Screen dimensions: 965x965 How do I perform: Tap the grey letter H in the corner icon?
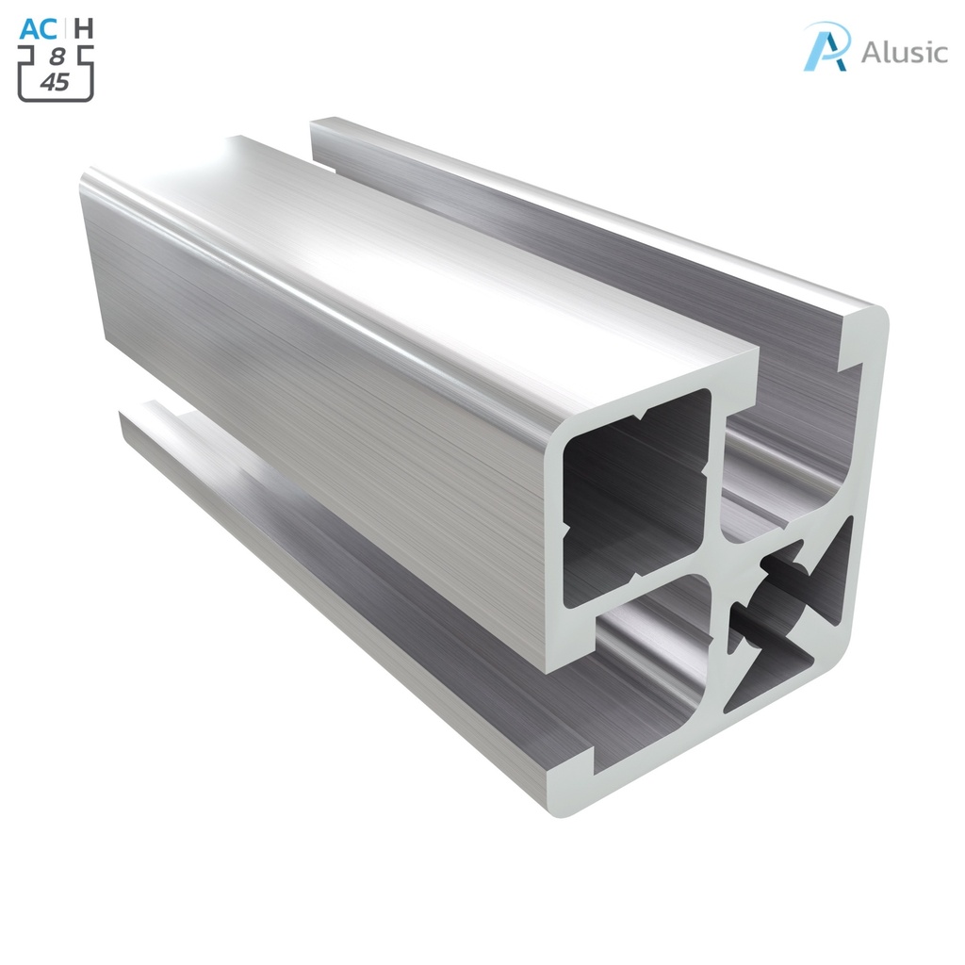pyautogui.click(x=84, y=28)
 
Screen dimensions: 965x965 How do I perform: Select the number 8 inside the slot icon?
pyautogui.click(x=57, y=58)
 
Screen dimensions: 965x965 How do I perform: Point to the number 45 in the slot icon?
pyautogui.click(x=55, y=82)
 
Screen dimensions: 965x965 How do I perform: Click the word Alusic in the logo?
pyautogui.click(x=904, y=52)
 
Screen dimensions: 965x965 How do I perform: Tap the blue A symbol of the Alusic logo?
pyautogui.click(x=826, y=47)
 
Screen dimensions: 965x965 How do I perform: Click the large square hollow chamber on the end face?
pyautogui.click(x=637, y=495)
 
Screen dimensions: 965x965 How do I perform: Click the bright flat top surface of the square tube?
pyautogui.click(x=424, y=254)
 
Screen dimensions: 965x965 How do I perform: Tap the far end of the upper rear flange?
pyautogui.click(x=325, y=132)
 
